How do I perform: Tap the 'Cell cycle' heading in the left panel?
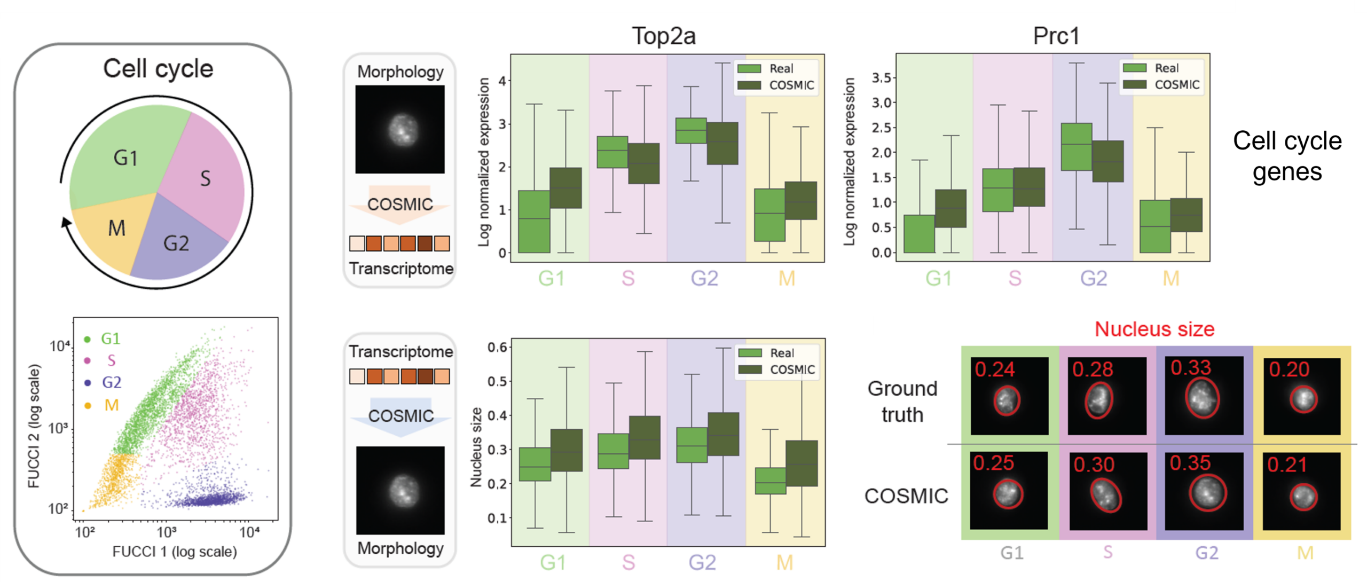[x=158, y=69]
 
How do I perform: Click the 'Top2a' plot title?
[x=664, y=36]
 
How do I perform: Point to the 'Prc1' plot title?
[x=1056, y=36]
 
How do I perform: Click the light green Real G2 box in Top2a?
[x=691, y=131]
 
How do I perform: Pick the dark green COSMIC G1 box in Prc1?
[x=950, y=208]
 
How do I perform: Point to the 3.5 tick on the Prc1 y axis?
[x=881, y=78]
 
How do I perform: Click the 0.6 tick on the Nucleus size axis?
[x=497, y=348]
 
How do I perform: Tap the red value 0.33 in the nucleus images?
[x=1191, y=368]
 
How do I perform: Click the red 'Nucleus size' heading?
[x=1154, y=329]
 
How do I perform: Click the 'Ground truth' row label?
[x=902, y=402]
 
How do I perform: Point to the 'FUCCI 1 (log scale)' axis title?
[x=175, y=552]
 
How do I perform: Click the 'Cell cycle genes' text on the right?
[x=1287, y=156]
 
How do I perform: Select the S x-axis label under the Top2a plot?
[x=628, y=278]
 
